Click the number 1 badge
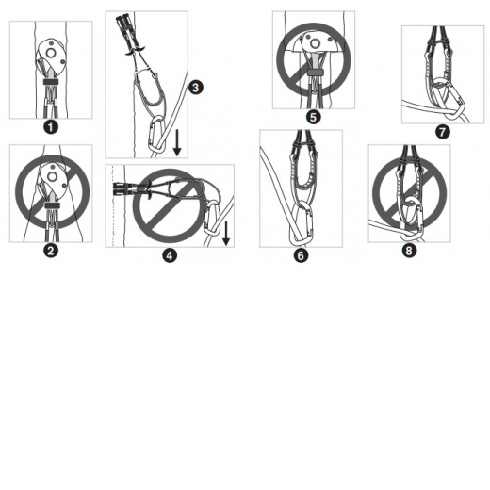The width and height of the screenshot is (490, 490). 51,127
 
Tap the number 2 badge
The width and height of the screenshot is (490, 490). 51,251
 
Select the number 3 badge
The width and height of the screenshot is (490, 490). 196,88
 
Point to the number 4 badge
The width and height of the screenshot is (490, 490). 170,255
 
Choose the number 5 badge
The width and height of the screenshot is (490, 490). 313,117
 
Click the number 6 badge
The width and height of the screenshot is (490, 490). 301,255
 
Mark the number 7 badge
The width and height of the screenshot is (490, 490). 443,132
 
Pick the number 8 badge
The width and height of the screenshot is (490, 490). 409,251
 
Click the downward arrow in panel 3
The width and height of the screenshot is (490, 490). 177,142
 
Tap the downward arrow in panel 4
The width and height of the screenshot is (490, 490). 226,233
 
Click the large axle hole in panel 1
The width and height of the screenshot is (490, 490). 51,53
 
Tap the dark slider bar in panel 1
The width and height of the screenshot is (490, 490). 51,82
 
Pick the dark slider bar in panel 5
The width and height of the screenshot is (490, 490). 315,73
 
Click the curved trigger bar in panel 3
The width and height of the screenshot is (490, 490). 136,51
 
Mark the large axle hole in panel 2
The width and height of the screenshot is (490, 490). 52,177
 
